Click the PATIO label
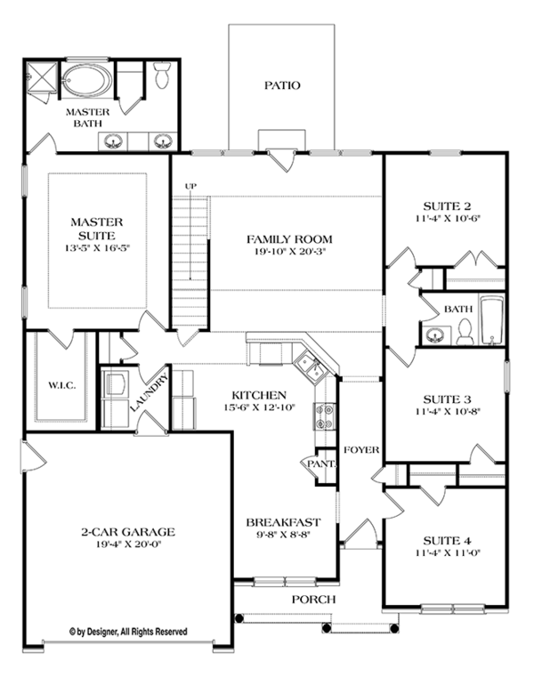(x=281, y=86)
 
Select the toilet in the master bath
(x=162, y=77)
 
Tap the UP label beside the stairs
(x=190, y=186)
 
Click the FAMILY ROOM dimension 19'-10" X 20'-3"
(x=278, y=253)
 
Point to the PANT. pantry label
(x=320, y=464)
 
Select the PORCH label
(x=313, y=600)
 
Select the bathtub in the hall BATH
(x=491, y=322)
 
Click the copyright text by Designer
(x=128, y=632)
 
